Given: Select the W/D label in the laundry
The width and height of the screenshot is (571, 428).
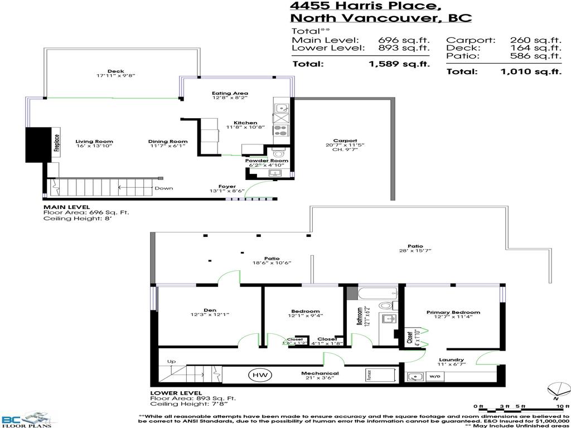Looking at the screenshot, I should (434, 377).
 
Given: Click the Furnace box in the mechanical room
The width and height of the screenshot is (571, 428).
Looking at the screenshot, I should (369, 374).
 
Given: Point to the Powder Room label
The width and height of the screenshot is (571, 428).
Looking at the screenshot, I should (267, 161).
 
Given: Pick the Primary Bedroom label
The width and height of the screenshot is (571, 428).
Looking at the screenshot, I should (453, 313).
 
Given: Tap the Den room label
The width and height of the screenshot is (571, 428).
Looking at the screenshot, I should (210, 311).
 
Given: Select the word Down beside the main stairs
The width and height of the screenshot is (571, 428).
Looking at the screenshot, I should (164, 188).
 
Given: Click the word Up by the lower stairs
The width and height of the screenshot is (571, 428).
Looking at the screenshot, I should (172, 362).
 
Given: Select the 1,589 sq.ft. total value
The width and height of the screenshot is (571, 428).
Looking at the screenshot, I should (399, 64).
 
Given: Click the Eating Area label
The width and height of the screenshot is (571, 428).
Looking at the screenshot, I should (230, 94).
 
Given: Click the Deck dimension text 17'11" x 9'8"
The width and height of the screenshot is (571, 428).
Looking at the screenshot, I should (116, 75).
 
